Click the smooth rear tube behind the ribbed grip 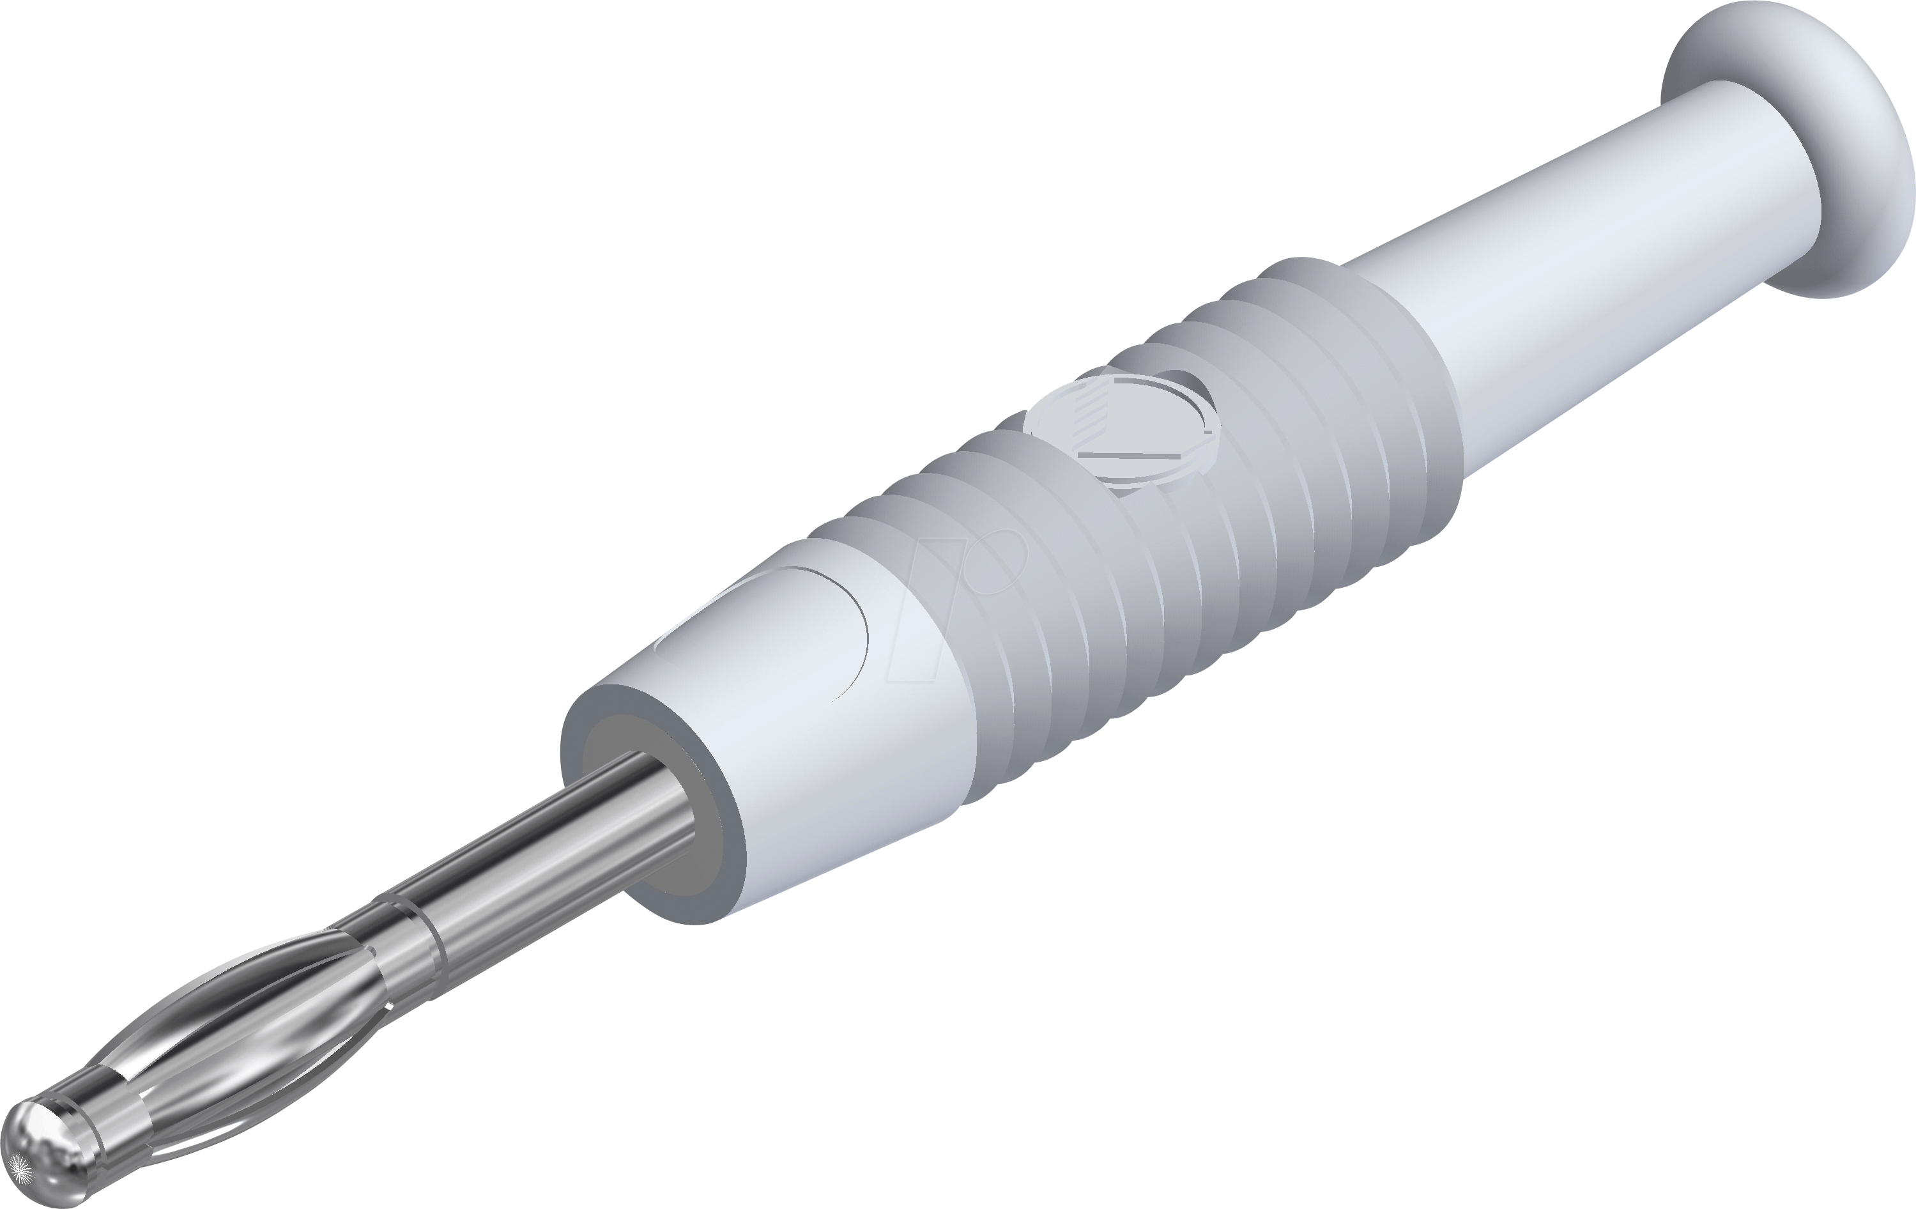coord(1575,295)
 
